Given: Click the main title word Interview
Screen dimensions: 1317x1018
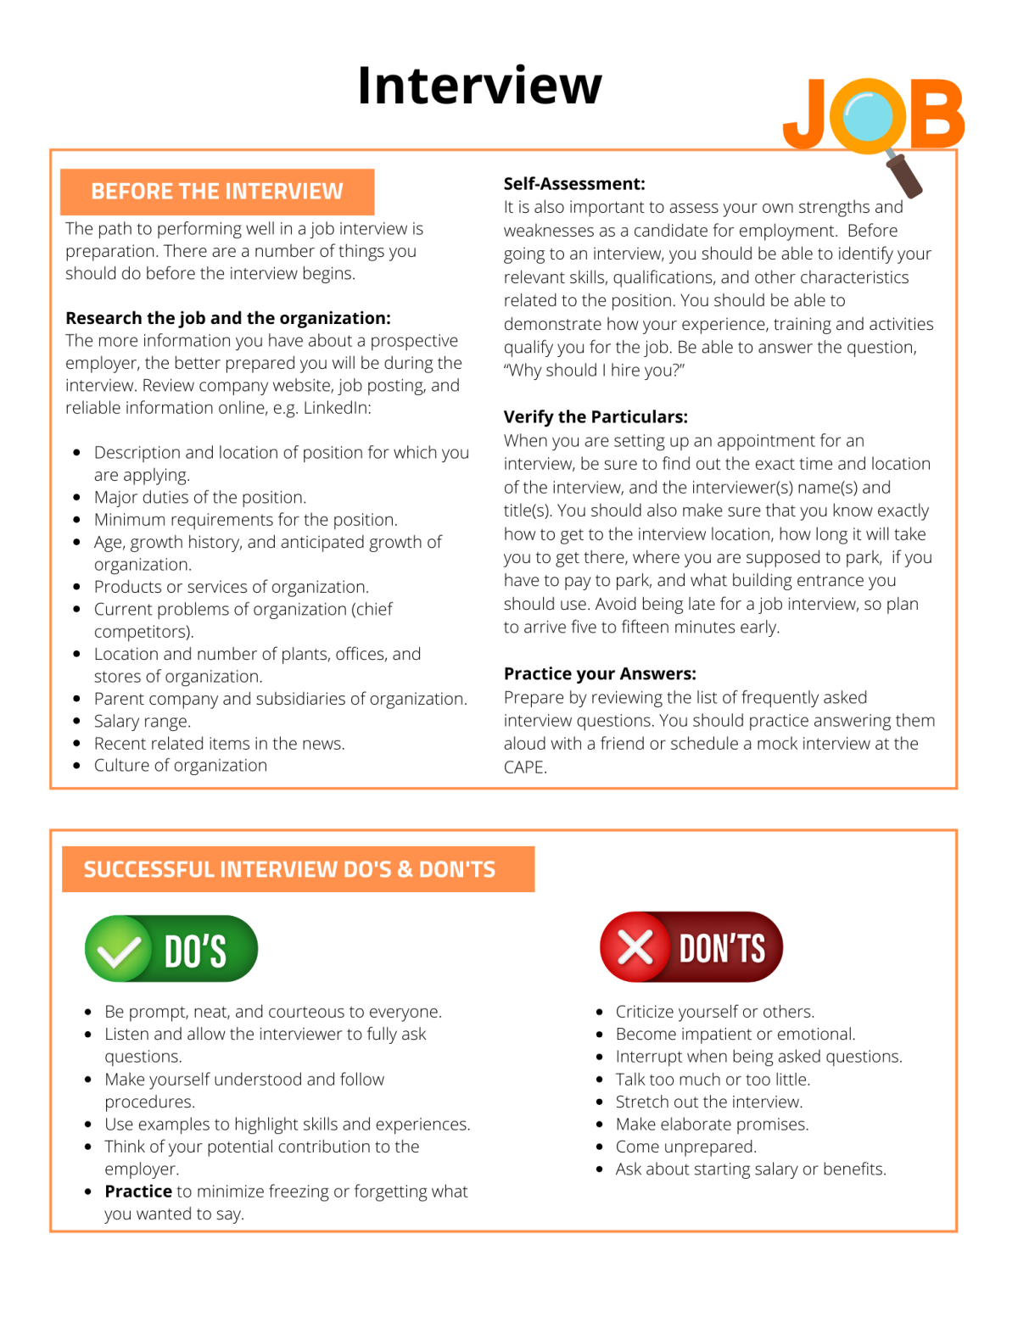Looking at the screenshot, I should tap(479, 86).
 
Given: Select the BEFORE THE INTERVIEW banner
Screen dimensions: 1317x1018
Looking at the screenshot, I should tap(217, 192).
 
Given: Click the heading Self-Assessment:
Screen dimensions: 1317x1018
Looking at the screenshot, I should tap(574, 184).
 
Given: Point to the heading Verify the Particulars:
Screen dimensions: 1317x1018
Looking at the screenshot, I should tap(596, 417).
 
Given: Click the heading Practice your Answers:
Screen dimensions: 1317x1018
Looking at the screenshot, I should tap(600, 674).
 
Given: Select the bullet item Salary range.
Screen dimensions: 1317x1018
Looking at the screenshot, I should tap(143, 722).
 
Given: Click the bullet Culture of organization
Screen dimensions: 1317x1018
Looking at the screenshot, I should tap(181, 766).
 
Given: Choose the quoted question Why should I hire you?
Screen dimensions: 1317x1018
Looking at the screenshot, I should tap(594, 371).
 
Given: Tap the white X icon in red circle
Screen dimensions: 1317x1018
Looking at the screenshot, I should tap(635, 947).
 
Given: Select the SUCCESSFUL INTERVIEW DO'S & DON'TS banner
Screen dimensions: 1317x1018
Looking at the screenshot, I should tap(289, 870).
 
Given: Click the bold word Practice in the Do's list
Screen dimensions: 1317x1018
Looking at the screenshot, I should tap(138, 1191).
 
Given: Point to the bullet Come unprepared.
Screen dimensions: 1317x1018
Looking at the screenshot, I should tap(685, 1147).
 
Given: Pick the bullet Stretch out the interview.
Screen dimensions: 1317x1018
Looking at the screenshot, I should tap(708, 1102).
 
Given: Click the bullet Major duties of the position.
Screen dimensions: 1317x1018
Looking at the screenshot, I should tap(200, 498).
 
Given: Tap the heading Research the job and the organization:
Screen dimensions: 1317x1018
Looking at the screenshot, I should tap(228, 319).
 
